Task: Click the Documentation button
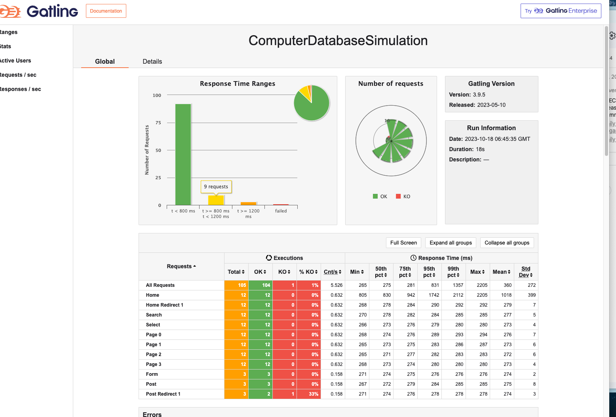pos(106,11)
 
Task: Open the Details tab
pos(152,61)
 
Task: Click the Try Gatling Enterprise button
pos(561,11)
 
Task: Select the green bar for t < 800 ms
pos(183,154)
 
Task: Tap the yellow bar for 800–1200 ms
pos(216,200)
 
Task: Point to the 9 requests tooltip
pos(216,187)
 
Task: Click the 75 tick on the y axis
pos(158,123)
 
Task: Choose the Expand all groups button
pos(451,243)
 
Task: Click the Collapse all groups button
pos(507,243)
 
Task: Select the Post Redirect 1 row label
pos(163,394)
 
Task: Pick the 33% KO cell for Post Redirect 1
pos(309,394)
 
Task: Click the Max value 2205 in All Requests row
pos(482,285)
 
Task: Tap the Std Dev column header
pos(525,272)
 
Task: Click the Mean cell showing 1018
pos(506,295)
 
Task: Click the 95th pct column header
pos(429,272)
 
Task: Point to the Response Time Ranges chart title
pos(238,84)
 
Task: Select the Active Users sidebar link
pos(15,61)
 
